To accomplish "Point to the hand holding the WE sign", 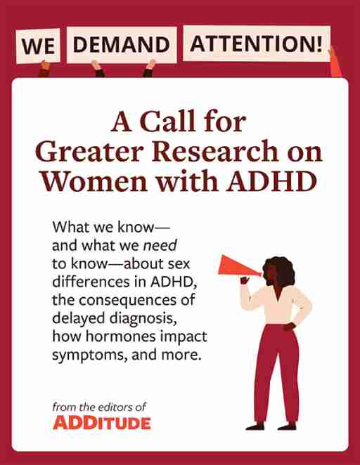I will [x=46, y=66].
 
